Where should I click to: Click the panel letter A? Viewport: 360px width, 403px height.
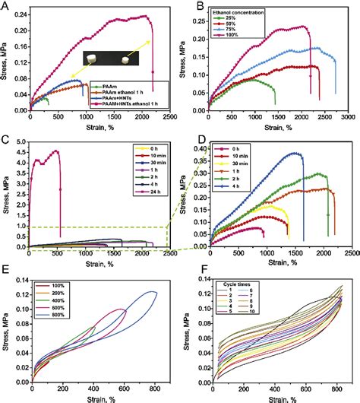pos(6,7)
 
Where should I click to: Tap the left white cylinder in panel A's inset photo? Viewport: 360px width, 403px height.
pos(93,57)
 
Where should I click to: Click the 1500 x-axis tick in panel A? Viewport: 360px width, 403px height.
pos(113,118)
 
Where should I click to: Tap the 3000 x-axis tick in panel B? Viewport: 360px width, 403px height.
pos(348,118)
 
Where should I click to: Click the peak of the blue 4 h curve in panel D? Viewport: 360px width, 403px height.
pos(297,153)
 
